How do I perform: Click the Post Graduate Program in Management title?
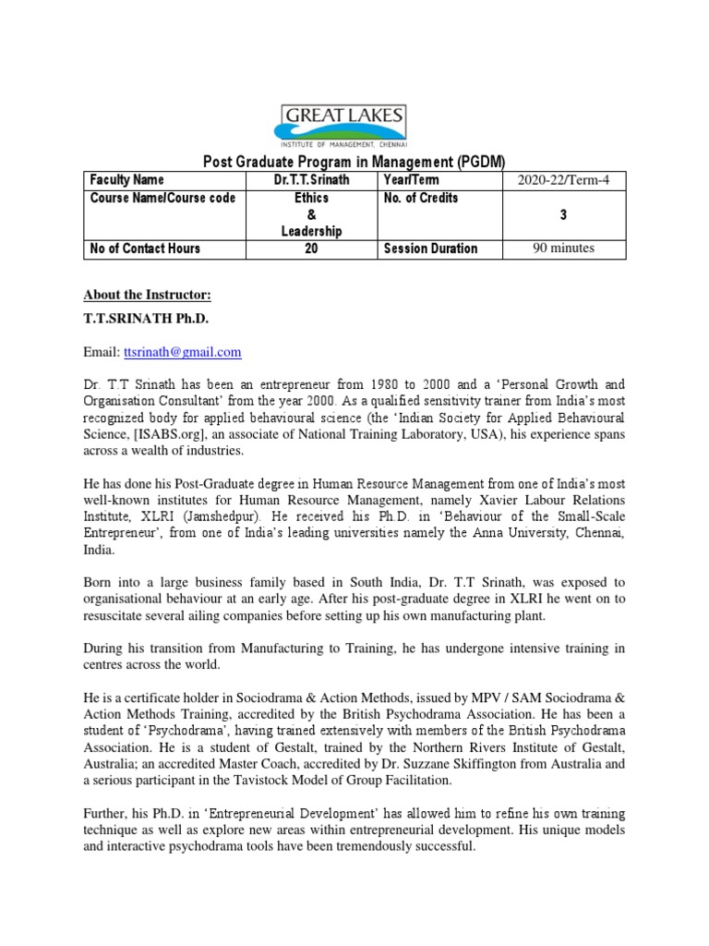point(354,163)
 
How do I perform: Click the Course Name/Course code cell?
point(161,198)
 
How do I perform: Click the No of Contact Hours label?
point(143,249)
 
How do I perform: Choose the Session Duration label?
point(429,249)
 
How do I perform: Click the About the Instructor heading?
point(148,295)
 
